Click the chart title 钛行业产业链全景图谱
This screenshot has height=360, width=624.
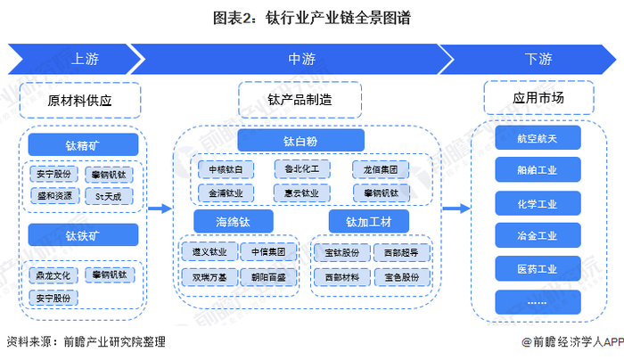tap(311, 17)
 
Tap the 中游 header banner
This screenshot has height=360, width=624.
tap(300, 60)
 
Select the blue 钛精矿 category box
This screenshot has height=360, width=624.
tap(83, 144)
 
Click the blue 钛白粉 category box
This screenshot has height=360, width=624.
tap(300, 140)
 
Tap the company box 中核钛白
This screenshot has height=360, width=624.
tap(226, 168)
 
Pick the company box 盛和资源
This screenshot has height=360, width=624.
tap(55, 194)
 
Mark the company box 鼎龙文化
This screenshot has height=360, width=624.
tap(55, 275)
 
